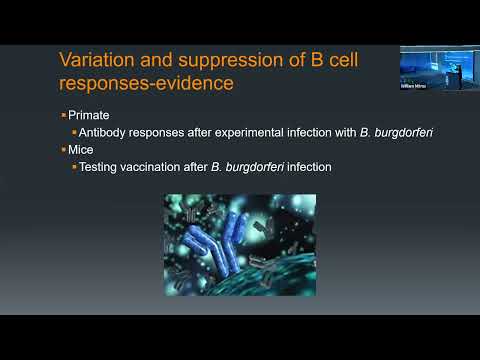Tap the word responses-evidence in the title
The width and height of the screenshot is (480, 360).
pos(148,84)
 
